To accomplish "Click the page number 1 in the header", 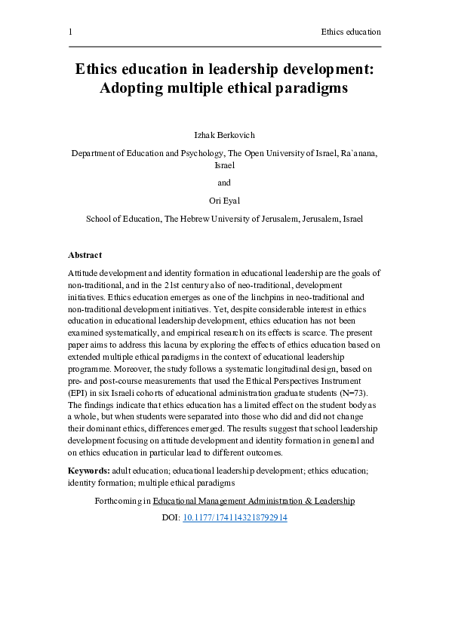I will [x=70, y=32].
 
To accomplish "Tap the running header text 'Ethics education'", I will [x=350, y=32].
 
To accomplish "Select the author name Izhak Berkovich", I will [x=224, y=134].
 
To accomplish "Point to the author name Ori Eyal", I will [x=224, y=201].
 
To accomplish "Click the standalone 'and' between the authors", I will [x=224, y=183].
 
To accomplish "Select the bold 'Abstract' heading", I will [x=85, y=255].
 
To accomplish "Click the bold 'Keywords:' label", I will [x=89, y=471].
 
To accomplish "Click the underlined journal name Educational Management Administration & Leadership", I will [x=254, y=501].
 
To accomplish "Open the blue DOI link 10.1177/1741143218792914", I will [x=235, y=518].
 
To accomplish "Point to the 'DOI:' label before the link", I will [x=171, y=518].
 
